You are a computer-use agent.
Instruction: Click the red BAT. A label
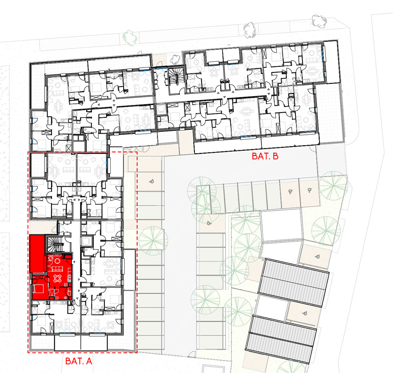79,361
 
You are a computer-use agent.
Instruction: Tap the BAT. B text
265,156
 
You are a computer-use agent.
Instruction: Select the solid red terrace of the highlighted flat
37,254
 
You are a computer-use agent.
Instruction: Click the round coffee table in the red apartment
57,261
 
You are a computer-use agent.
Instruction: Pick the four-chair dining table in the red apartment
58,278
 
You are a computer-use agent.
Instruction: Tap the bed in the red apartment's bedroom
38,289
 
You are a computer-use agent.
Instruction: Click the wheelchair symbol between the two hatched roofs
305,313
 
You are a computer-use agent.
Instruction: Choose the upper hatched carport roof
294,283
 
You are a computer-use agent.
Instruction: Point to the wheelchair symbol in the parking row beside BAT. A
151,181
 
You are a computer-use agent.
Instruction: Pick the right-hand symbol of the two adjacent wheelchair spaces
310,190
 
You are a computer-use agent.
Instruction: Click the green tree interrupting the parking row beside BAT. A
153,241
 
